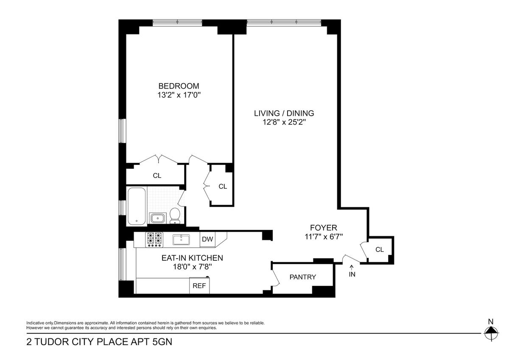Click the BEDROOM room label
click(x=179, y=86)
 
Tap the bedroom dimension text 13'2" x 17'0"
click(x=179, y=95)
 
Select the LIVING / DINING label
click(x=284, y=113)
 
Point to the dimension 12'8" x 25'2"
click(x=284, y=122)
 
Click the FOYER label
click(x=324, y=228)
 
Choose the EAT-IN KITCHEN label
click(x=192, y=258)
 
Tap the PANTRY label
click(x=303, y=277)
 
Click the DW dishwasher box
click(x=207, y=239)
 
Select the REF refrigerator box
click(x=199, y=285)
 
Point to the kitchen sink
click(x=181, y=240)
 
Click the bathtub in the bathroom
click(x=137, y=206)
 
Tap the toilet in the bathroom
click(x=175, y=215)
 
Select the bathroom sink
click(x=157, y=218)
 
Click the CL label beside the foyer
click(x=380, y=250)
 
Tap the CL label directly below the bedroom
click(x=157, y=176)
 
